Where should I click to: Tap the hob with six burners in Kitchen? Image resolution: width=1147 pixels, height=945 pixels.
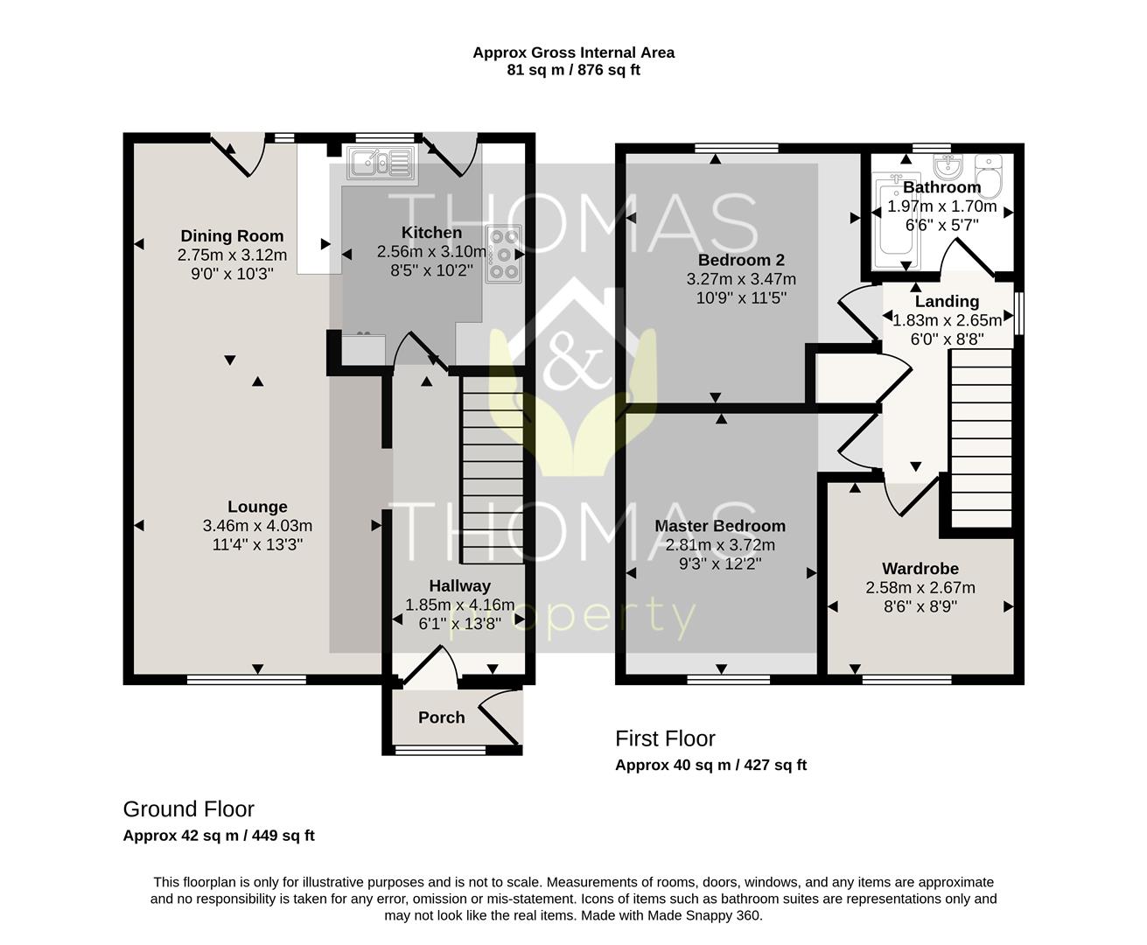click(x=503, y=254)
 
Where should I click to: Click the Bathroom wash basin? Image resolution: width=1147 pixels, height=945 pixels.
click(x=948, y=165)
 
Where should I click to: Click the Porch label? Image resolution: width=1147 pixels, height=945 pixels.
click(x=442, y=717)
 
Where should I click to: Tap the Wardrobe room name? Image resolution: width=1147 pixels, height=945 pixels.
click(x=920, y=569)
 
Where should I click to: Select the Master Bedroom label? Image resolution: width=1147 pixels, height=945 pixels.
click(x=720, y=526)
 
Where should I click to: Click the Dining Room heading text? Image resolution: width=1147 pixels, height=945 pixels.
click(x=233, y=235)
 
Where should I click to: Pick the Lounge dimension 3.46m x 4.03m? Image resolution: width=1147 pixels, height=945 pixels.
click(x=257, y=526)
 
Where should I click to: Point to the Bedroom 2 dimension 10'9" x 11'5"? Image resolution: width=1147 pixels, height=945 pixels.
click(x=741, y=297)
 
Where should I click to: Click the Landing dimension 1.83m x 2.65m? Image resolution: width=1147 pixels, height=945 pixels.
click(x=948, y=320)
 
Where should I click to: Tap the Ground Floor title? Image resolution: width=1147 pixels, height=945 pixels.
click(x=188, y=809)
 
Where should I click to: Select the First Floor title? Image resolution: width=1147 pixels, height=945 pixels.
click(x=665, y=738)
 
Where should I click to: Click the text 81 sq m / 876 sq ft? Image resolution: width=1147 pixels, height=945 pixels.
click(x=574, y=70)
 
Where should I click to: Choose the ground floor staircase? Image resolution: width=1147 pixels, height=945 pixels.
click(x=493, y=470)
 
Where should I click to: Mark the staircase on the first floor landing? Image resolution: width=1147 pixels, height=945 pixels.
click(x=982, y=438)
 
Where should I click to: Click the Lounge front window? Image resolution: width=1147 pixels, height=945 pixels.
click(x=247, y=680)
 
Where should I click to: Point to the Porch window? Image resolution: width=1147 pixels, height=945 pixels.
click(x=441, y=749)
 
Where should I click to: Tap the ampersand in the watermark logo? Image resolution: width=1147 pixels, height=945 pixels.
click(x=575, y=358)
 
